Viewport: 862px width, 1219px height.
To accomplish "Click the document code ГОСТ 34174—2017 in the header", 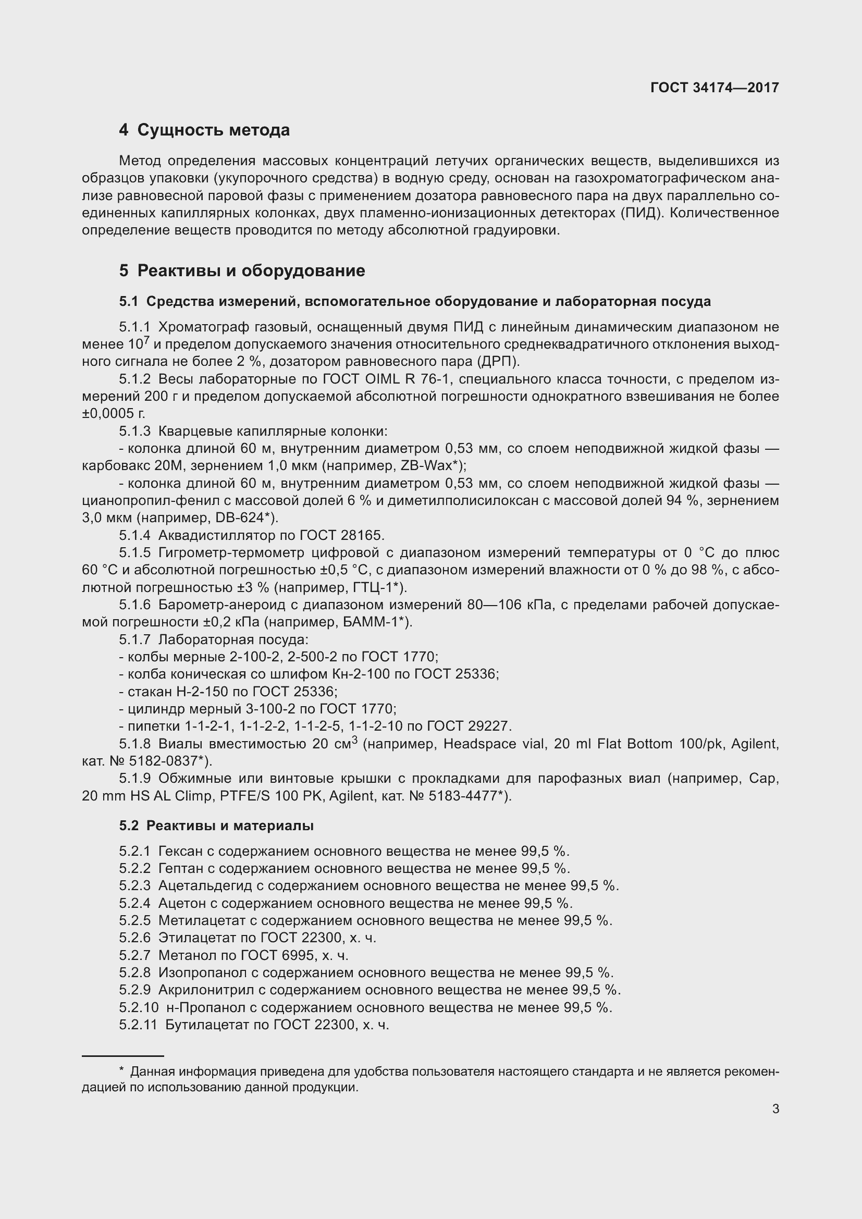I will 715,88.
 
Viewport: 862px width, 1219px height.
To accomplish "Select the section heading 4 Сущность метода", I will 204,130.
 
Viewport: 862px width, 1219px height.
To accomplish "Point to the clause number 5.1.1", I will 134,327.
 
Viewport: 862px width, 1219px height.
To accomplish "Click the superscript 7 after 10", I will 146,340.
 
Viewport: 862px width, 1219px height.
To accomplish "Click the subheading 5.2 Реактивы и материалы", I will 216,826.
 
